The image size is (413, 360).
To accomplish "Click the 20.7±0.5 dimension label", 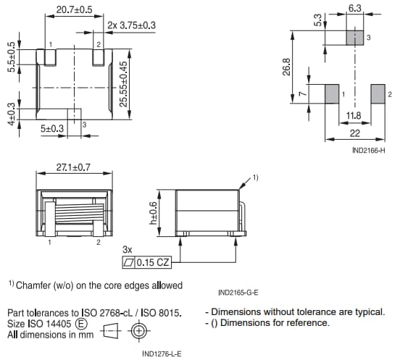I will [74, 10].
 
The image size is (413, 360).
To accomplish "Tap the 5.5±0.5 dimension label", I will [11, 56].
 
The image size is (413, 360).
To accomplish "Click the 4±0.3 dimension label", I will [11, 114].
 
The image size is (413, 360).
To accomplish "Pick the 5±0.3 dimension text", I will [52, 129].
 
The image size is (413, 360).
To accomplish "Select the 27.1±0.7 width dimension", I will [74, 167].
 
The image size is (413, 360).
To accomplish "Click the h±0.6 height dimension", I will [153, 212].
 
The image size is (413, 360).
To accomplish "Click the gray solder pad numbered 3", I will [354, 38].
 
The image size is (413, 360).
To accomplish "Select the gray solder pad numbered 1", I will [331, 94].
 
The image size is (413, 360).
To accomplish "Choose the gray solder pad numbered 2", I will [377, 94].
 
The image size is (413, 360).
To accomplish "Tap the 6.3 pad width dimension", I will [355, 8].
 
